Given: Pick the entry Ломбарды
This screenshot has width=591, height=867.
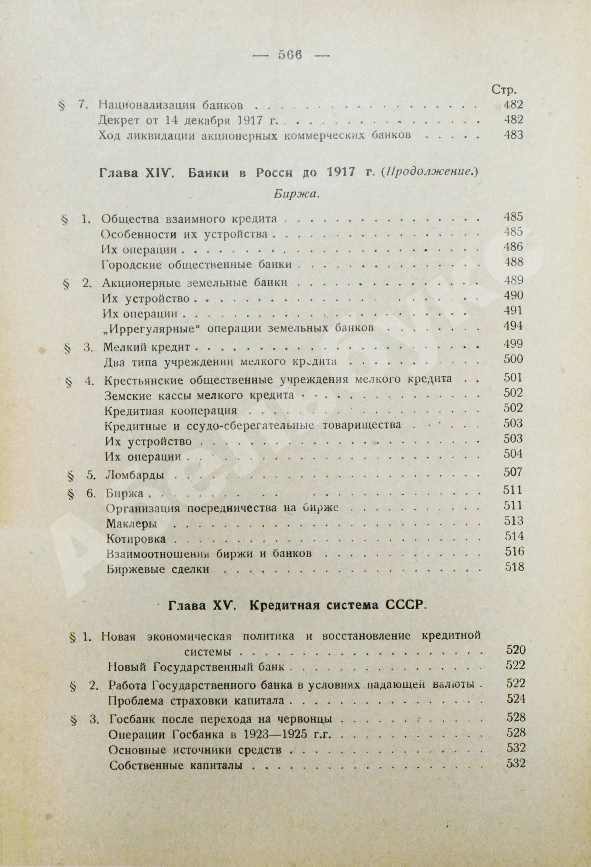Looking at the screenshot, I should click(x=135, y=476).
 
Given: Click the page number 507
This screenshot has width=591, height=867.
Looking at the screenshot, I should click(x=513, y=473).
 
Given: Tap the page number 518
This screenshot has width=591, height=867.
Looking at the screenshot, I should click(x=514, y=567).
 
